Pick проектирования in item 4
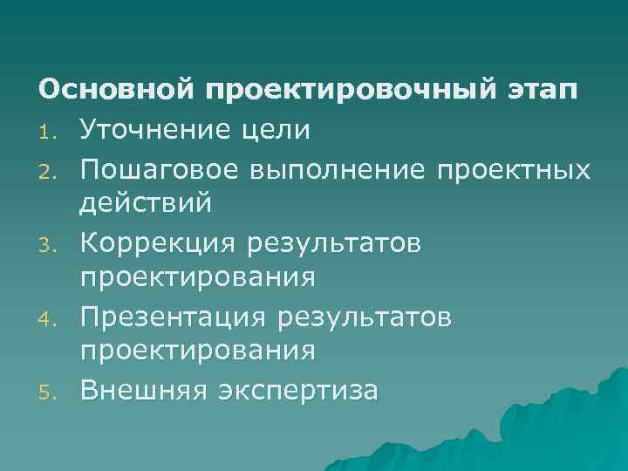pyautogui.click(x=197, y=352)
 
